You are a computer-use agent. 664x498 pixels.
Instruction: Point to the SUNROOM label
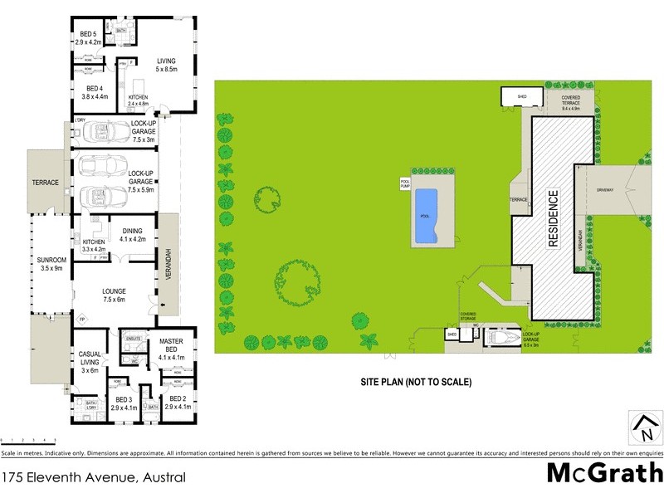[x=51, y=263]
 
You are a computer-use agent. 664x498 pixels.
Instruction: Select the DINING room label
[x=133, y=235]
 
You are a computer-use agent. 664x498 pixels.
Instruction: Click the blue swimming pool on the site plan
[x=426, y=217]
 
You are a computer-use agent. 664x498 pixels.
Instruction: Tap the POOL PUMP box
[x=406, y=183]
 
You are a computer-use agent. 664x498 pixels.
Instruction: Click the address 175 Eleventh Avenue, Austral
[x=93, y=477]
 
